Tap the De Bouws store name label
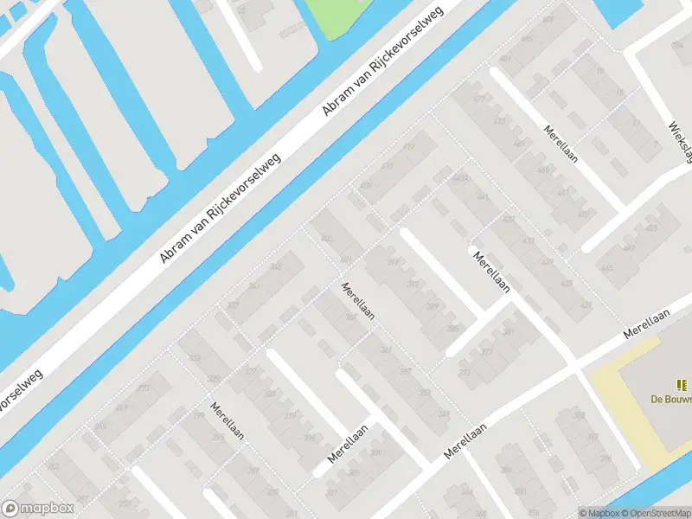[x=671, y=399]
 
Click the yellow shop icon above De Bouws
[x=681, y=384]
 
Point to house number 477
[x=479, y=99]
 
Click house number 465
[x=542, y=170]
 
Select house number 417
[x=409, y=148]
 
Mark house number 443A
[x=459, y=178]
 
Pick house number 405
[x=326, y=239]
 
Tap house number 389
[x=432, y=306]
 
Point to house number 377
[x=487, y=352]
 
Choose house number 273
[x=143, y=388]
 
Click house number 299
[x=199, y=416]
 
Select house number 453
[x=650, y=228]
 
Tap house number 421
[x=586, y=305]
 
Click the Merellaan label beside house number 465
[x=561, y=145]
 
